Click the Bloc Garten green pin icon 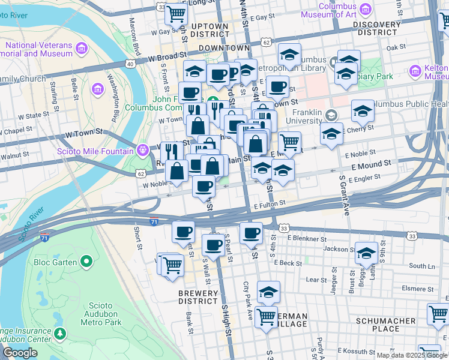(x=86, y=262)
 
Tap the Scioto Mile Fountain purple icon (x=142, y=150)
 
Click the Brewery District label (x=197, y=297)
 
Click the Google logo (x=20, y=353)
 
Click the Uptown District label (x=209, y=30)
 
